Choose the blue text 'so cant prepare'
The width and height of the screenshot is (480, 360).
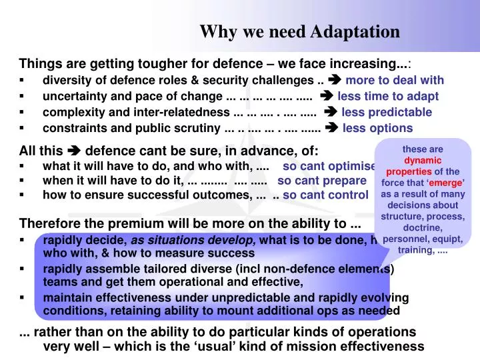point(322,180)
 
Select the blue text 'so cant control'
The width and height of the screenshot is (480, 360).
point(325,195)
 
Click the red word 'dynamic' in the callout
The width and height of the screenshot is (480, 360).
point(423,161)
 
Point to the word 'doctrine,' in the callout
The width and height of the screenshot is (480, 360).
point(423,228)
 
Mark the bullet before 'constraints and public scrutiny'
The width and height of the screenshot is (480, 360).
point(23,128)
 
